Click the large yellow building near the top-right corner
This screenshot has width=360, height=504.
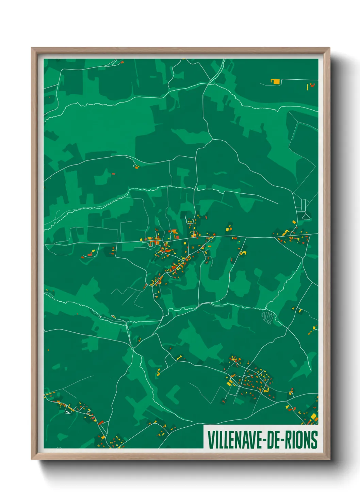pos(275,81)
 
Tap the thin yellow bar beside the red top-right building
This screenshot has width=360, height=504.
pos(308,87)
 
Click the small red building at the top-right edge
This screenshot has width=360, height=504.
pos(312,84)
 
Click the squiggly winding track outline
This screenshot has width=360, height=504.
pos(268,318)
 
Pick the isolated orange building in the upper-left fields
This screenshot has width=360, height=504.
pos(136,167)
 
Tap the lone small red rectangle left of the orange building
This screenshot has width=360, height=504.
pos(113,174)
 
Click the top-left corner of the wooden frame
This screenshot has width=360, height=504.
pos(32,48)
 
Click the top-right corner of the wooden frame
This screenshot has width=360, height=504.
pos(329,48)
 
